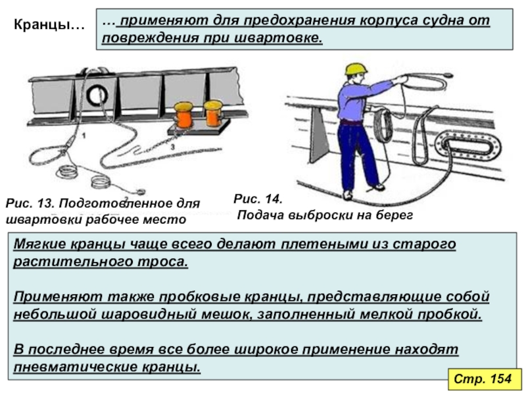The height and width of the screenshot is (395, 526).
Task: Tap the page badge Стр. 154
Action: point(483,379)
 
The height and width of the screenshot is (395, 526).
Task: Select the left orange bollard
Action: point(183,115)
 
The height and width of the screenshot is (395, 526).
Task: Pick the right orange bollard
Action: point(213,113)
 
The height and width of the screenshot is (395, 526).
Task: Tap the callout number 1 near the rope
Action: point(84,136)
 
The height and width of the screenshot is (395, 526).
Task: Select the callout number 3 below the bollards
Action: point(172,147)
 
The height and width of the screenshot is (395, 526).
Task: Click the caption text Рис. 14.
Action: point(258,199)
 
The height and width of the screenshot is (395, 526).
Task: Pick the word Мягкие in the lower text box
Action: point(40,244)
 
